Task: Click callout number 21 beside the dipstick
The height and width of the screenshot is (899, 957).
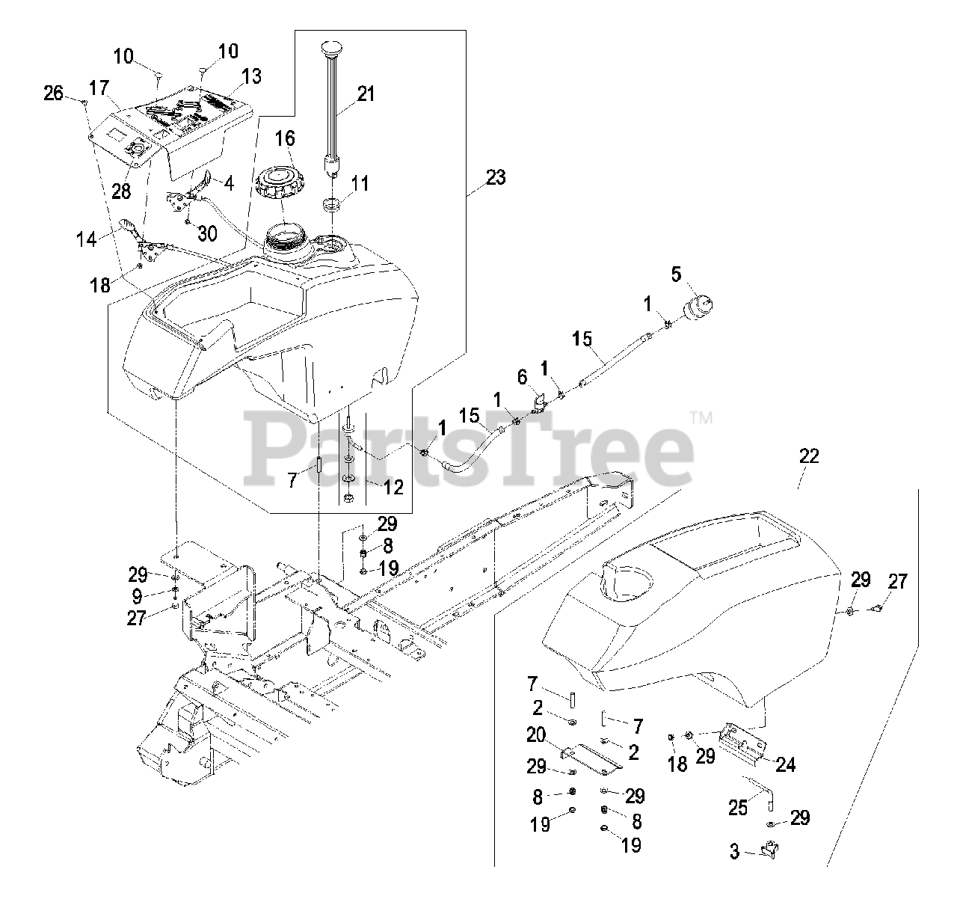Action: pyautogui.click(x=366, y=94)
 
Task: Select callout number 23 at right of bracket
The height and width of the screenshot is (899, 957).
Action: pyautogui.click(x=495, y=177)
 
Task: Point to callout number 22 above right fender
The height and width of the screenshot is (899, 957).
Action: pyautogui.click(x=809, y=455)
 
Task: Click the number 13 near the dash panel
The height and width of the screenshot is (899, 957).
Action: pyautogui.click(x=252, y=75)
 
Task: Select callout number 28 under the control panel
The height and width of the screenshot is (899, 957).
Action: pyautogui.click(x=121, y=191)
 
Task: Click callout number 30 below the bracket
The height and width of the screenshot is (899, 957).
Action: pyautogui.click(x=207, y=233)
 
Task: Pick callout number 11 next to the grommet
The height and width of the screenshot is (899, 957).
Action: pyautogui.click(x=360, y=183)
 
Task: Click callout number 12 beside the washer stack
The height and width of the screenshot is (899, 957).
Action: pyautogui.click(x=393, y=487)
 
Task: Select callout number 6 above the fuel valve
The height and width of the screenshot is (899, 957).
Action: pyautogui.click(x=523, y=378)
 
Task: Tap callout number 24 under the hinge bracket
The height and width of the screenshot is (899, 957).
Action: pyautogui.click(x=784, y=764)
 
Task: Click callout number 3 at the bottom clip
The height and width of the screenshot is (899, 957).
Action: pyautogui.click(x=734, y=852)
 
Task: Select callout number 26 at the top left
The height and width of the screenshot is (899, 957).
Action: pyautogui.click(x=53, y=93)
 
